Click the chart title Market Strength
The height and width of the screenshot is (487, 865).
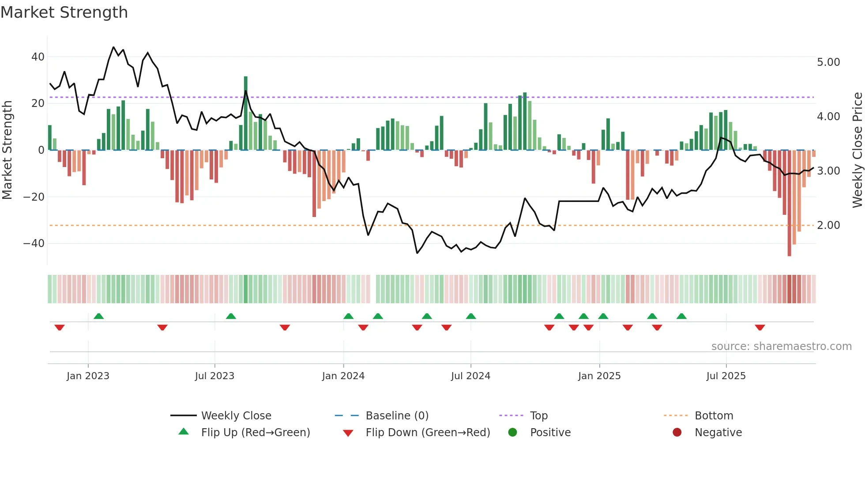[64, 12]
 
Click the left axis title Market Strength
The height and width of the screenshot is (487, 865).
[7, 150]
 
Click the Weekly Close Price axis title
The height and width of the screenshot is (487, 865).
[857, 150]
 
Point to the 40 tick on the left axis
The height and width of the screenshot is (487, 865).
[38, 57]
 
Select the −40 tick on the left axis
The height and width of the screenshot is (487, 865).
[34, 243]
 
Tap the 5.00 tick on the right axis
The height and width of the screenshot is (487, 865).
[828, 62]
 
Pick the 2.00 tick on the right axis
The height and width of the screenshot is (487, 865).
[828, 225]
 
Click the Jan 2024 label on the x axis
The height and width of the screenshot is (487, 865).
[343, 376]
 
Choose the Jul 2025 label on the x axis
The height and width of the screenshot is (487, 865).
[726, 376]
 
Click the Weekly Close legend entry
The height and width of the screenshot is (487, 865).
[236, 416]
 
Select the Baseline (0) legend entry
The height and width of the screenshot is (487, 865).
[397, 416]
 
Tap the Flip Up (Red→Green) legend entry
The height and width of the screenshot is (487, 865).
[255, 433]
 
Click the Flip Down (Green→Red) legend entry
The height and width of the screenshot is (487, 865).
[428, 433]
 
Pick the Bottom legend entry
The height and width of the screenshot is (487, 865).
[714, 416]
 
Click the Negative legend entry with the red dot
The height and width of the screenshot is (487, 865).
[718, 433]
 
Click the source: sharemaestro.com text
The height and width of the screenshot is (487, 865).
[781, 346]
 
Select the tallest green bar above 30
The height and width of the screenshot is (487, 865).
[246, 113]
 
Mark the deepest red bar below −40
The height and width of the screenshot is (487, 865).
[789, 203]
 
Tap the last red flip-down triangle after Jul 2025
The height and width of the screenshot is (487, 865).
[760, 327]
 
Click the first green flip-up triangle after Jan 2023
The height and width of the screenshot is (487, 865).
[99, 316]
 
